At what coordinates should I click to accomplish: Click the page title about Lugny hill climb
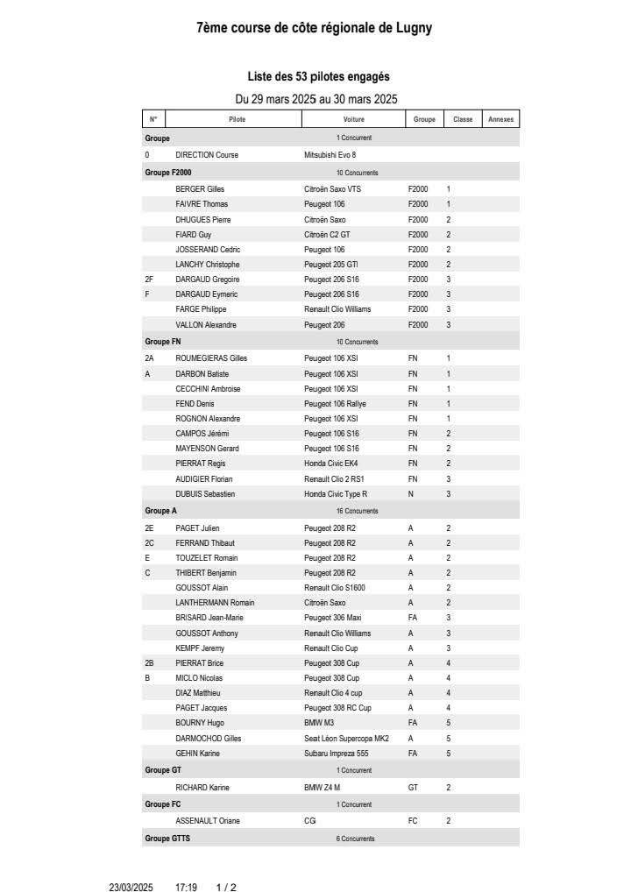point(314,28)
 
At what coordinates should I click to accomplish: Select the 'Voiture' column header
point(354,119)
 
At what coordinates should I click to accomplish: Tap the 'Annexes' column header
point(500,119)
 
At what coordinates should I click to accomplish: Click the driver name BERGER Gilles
point(200,189)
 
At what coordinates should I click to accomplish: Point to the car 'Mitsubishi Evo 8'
point(330,155)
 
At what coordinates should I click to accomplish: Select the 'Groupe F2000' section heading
point(168,173)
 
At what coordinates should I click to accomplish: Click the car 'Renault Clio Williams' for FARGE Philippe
point(337,309)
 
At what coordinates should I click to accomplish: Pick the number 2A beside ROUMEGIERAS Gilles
point(149,358)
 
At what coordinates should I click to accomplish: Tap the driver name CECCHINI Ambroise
point(208,389)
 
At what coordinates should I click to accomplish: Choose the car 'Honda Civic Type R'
point(336,494)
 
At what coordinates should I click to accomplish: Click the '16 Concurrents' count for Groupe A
point(358,511)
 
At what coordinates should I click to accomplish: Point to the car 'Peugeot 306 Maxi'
point(333,618)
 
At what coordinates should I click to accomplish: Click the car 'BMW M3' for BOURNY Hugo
point(318,723)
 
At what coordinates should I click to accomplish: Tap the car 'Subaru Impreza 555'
point(337,754)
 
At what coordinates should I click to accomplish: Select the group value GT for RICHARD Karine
point(414,788)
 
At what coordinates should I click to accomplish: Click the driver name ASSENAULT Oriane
point(208,821)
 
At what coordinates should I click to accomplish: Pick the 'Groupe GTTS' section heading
point(167,839)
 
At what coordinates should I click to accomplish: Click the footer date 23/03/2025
point(131,888)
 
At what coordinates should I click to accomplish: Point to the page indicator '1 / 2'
point(226,888)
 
